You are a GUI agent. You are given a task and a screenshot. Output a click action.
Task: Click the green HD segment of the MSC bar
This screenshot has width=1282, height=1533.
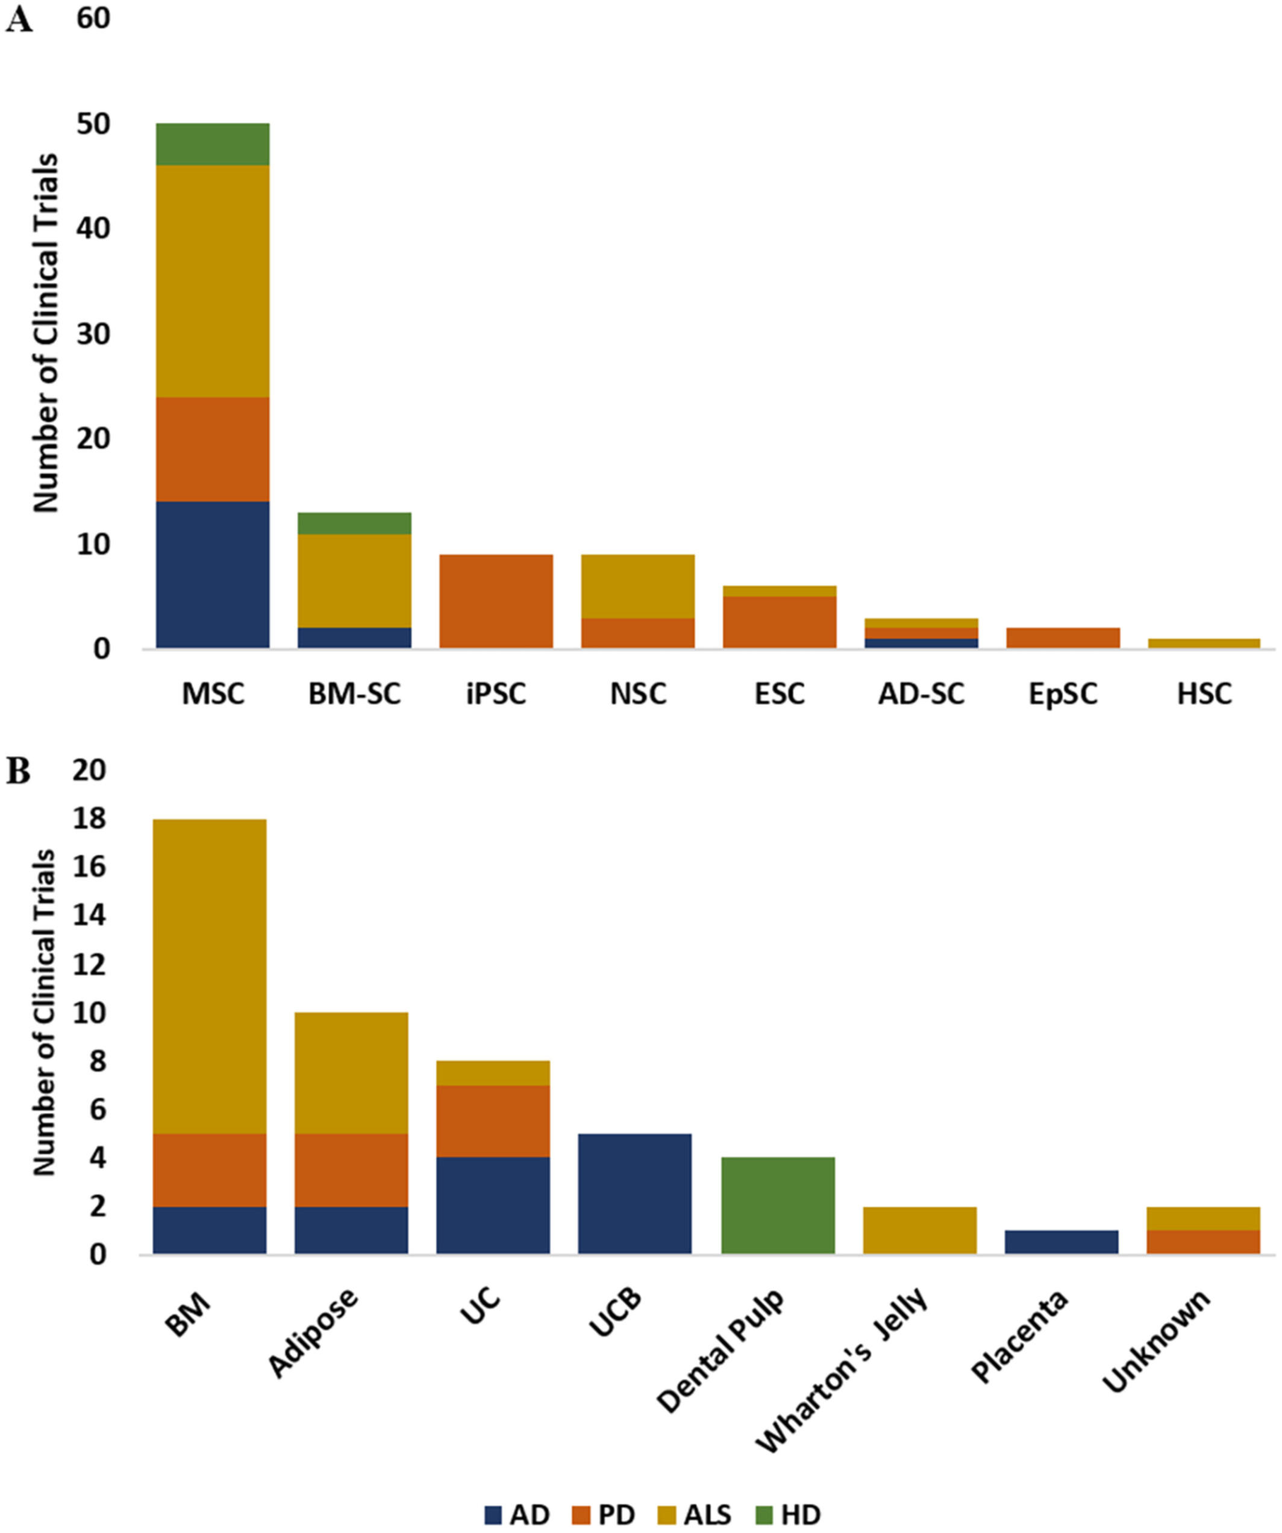pyautogui.click(x=213, y=144)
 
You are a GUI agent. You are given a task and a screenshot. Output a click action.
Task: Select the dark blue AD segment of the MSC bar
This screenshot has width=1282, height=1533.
pyautogui.click(x=213, y=575)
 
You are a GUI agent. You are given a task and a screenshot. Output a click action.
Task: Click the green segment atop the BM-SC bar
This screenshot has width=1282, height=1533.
pyautogui.click(x=354, y=523)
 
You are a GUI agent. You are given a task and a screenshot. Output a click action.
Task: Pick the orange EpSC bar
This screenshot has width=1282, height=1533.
pyautogui.click(x=1062, y=637)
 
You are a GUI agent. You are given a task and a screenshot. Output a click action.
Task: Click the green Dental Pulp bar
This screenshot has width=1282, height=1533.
pyautogui.click(x=778, y=1205)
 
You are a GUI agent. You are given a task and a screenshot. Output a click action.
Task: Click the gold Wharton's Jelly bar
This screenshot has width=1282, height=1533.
pyautogui.click(x=919, y=1230)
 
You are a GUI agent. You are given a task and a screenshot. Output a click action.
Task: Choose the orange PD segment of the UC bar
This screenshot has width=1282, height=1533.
pyautogui.click(x=493, y=1120)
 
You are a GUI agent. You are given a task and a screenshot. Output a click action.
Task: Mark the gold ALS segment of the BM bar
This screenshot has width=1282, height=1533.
pyautogui.click(x=210, y=976)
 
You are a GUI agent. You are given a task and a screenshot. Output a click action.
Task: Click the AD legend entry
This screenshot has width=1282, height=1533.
pyautogui.click(x=517, y=1515)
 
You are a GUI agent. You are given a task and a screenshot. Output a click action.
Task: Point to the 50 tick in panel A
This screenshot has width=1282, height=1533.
pyautogui.click(x=93, y=124)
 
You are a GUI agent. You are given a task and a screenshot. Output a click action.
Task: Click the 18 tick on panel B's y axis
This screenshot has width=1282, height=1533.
pyautogui.click(x=90, y=820)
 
